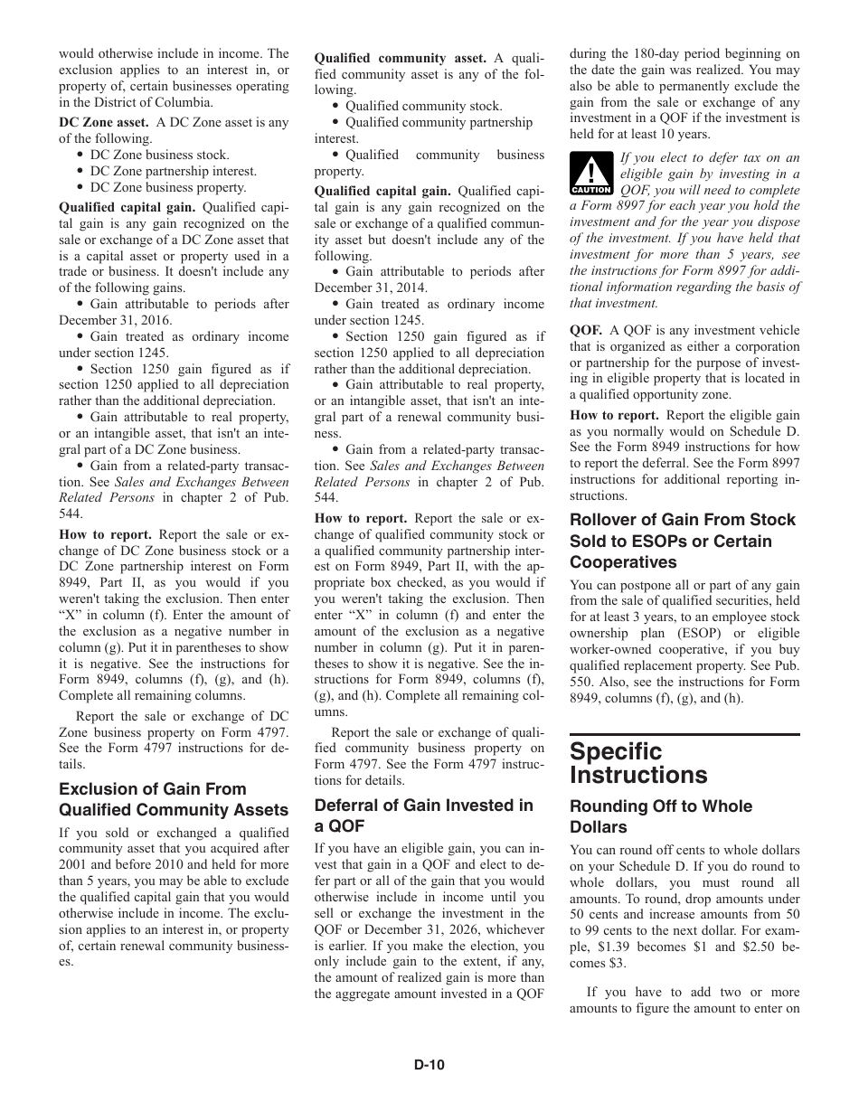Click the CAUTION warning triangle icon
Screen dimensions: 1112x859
[592, 174]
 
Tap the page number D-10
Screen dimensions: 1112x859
[429, 1065]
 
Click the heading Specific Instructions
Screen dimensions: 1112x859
[639, 763]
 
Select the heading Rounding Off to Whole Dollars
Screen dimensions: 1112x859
[660, 816]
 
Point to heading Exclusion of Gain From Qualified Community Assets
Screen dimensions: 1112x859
[174, 799]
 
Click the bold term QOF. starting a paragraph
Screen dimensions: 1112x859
[586, 330]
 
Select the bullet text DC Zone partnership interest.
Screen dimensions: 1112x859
[174, 171]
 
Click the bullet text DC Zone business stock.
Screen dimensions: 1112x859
[159, 155]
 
